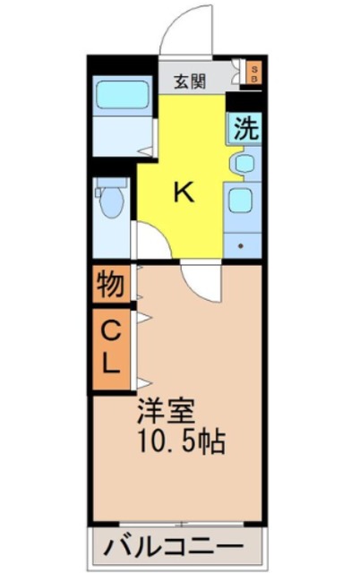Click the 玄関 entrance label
(x=190, y=81)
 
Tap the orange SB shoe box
(x=253, y=73)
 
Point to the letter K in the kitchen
(x=183, y=192)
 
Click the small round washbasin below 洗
(x=242, y=165)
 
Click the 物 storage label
(x=110, y=286)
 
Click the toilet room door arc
(x=146, y=239)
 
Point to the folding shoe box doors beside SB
(x=237, y=73)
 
